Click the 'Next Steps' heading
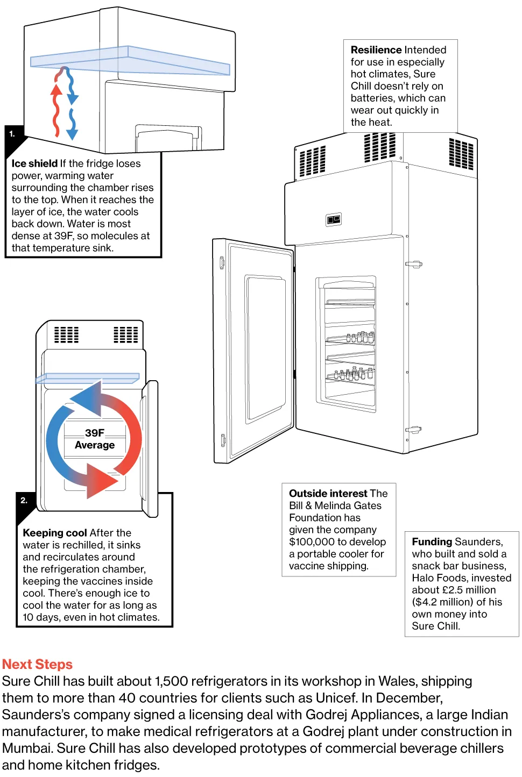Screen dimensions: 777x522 click(37, 664)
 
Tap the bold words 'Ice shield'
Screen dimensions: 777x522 click(34, 163)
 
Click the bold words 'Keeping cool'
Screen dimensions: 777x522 click(54, 533)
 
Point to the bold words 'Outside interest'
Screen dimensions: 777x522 click(328, 494)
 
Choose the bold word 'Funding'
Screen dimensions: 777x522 click(432, 541)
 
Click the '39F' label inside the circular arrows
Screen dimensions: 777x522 click(95, 433)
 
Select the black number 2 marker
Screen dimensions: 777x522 click(24, 501)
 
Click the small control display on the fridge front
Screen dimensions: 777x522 click(334, 219)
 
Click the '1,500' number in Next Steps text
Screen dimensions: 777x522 click(171, 681)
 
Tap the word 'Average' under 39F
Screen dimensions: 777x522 click(95, 445)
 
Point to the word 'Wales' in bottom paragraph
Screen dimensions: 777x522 click(397, 681)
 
